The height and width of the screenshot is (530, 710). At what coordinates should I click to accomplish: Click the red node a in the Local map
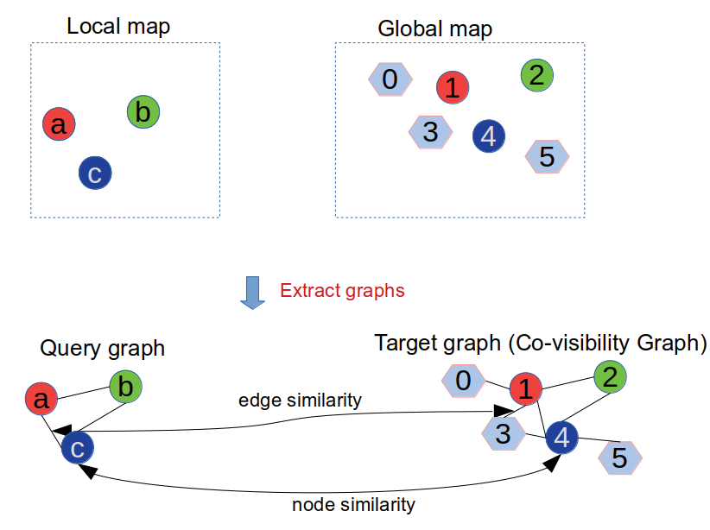pos(59,125)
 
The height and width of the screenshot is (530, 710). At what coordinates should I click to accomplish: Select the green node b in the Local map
pos(143,112)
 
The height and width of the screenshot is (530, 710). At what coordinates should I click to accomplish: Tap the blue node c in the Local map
pos(95,174)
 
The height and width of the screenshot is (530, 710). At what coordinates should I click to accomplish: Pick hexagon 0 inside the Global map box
pos(390,79)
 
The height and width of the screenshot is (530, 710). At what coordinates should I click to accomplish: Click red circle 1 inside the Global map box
pos(453,86)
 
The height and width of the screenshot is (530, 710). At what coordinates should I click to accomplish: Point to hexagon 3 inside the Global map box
pos(429,132)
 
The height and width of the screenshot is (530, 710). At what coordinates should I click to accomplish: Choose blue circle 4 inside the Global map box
pos(489,136)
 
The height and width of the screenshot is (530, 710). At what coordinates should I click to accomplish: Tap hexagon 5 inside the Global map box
pos(547,156)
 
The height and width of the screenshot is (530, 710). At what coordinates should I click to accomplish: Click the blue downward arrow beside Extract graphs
pos(252,292)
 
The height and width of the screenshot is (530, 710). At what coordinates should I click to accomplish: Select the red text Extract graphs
pos(342,290)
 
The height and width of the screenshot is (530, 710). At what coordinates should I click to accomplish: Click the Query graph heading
pos(102,348)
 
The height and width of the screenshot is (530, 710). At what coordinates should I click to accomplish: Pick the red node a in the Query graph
pos(41,399)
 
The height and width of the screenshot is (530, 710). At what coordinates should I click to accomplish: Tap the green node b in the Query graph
pos(125,387)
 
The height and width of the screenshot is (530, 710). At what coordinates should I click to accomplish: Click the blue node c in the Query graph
pos(77,448)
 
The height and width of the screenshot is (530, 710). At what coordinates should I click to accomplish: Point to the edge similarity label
pos(300,401)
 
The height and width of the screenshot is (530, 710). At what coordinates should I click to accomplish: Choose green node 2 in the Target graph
pos(610,376)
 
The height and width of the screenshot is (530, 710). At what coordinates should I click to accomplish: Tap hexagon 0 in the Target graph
pos(463,380)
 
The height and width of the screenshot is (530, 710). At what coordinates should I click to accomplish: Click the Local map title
pos(118,26)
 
